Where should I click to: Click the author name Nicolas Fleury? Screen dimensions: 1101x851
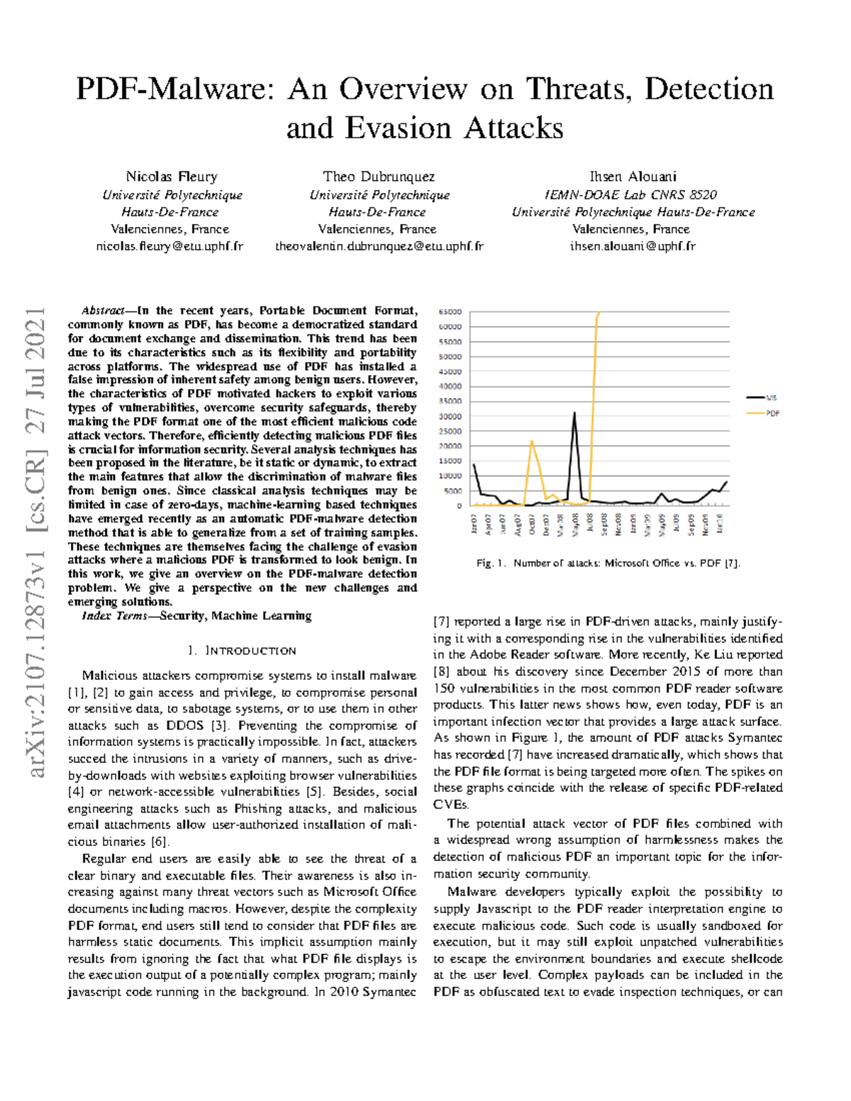[172, 177]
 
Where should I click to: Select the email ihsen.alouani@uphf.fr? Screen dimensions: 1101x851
[633, 247]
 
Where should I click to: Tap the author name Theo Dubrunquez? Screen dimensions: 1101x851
[379, 177]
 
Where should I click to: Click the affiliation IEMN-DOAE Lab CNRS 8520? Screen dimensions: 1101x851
[630, 194]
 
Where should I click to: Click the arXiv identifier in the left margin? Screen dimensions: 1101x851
[35, 542]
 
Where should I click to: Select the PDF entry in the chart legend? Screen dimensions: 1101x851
[772, 413]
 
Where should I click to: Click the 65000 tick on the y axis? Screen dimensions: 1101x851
[450, 312]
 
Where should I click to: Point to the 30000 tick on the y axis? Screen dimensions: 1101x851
[450, 417]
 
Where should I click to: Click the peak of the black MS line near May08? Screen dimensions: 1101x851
[574, 413]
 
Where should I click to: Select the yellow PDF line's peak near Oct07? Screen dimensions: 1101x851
[532, 440]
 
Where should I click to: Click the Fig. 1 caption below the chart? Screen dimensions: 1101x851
[608, 564]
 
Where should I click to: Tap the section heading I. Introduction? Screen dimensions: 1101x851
[242, 651]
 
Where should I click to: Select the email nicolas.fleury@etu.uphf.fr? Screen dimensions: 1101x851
[169, 247]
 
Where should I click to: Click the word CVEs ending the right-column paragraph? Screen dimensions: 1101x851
[451, 805]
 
